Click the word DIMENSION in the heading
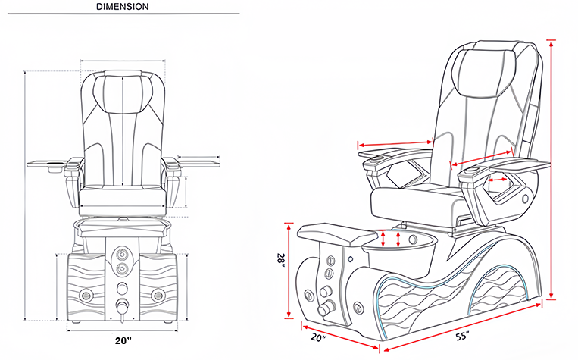(123, 6)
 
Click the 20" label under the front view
(124, 340)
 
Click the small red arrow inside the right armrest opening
(498, 180)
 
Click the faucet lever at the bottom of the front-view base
(121, 307)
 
